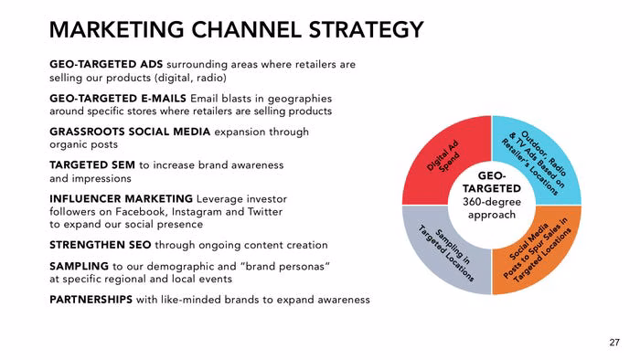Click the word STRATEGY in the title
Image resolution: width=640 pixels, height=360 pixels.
click(366, 30)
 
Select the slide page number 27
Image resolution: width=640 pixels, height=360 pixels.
click(614, 343)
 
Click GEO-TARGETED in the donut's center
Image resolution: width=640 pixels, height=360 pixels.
click(492, 182)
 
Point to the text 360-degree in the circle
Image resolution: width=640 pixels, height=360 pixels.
click(492, 202)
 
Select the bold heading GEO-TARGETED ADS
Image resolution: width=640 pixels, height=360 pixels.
click(106, 65)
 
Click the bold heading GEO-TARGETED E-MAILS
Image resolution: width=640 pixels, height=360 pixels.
click(118, 99)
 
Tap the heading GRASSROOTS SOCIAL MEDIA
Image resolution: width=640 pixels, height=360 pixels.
click(130, 132)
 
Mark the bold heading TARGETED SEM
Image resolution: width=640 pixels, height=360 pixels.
click(92, 165)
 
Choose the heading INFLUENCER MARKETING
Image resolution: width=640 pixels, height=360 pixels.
click(121, 199)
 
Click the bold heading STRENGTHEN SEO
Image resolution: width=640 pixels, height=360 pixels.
click(100, 245)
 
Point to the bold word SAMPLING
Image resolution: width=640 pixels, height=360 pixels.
click(79, 266)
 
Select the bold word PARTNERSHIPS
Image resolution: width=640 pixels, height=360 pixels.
click(91, 300)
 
